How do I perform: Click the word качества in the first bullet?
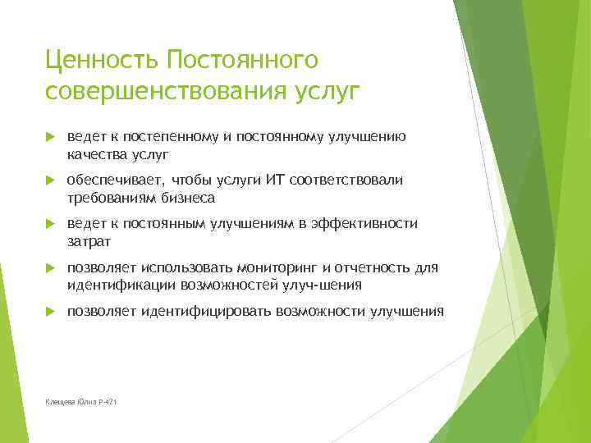coord(95,153)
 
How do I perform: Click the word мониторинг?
coord(278,267)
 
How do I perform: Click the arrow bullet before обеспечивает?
coord(49,180)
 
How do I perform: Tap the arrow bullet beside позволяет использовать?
coord(49,267)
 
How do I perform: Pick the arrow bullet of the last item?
coord(49,311)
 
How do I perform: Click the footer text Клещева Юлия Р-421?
coord(81,400)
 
